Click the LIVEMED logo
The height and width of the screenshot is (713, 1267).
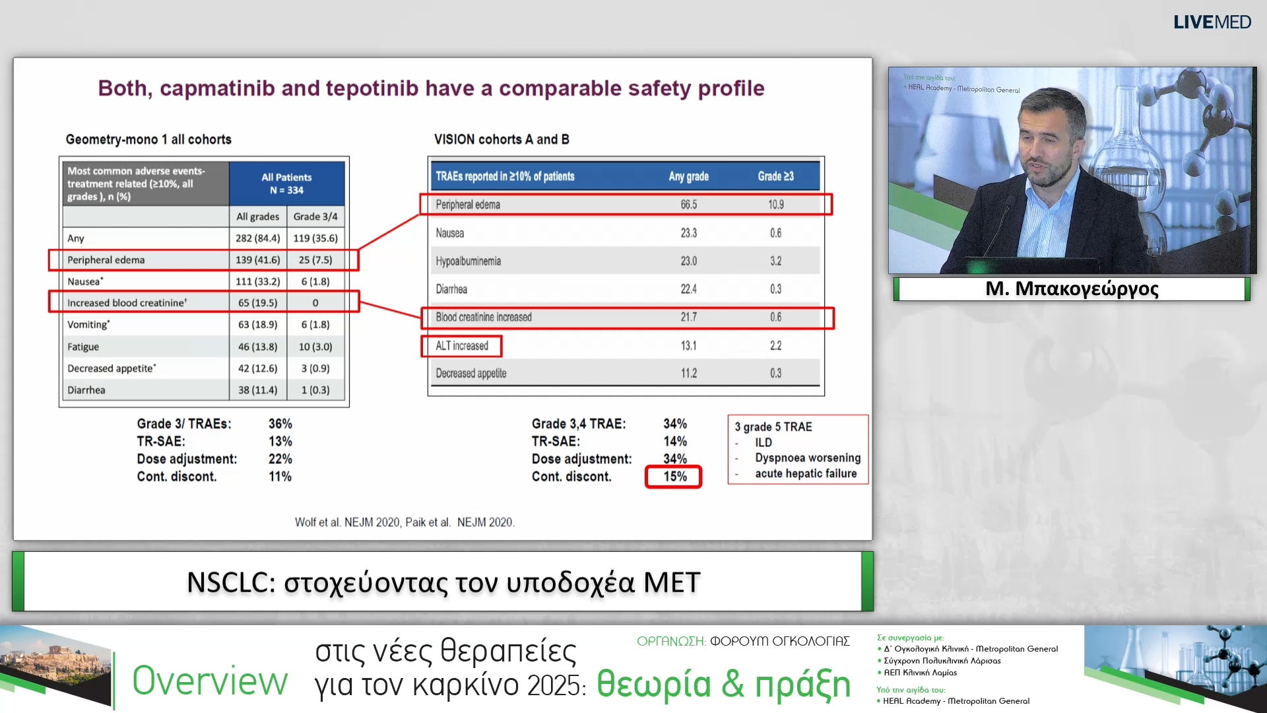tap(1212, 22)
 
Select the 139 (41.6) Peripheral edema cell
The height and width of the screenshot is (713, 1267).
tap(257, 260)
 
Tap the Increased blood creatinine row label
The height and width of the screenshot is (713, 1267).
tap(127, 303)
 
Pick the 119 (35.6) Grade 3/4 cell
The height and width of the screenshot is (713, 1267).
tap(315, 238)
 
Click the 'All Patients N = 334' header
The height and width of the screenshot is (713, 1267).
tap(286, 184)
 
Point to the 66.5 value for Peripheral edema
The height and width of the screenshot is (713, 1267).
tap(688, 205)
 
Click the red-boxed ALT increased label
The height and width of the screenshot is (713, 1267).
tap(462, 346)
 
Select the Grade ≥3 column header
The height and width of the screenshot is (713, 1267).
tap(775, 176)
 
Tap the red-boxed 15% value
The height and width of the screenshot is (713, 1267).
tap(674, 477)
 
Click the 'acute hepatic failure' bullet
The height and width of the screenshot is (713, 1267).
tap(806, 473)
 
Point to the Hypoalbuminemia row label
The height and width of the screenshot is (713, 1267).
tap(468, 261)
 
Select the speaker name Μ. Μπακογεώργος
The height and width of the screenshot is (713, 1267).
tap(1072, 289)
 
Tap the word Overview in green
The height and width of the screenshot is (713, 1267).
tap(210, 681)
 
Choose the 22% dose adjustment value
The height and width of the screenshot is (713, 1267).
tap(280, 459)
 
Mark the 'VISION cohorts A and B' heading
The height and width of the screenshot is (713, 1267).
tap(502, 139)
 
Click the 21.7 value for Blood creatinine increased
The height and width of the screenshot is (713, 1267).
tap(688, 318)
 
